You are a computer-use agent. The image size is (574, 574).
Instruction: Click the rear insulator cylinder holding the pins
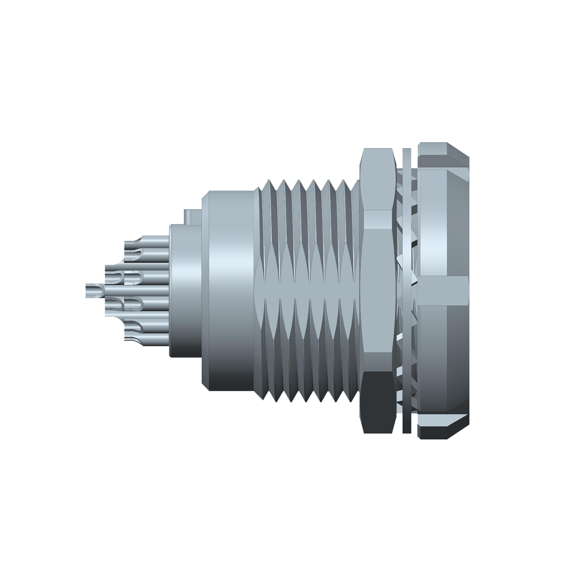point(185,291)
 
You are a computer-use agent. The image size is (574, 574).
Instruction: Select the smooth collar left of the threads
point(230,291)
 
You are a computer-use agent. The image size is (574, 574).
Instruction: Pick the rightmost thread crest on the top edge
point(343,182)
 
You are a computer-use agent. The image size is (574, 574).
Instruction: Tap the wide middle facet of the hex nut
point(378,291)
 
